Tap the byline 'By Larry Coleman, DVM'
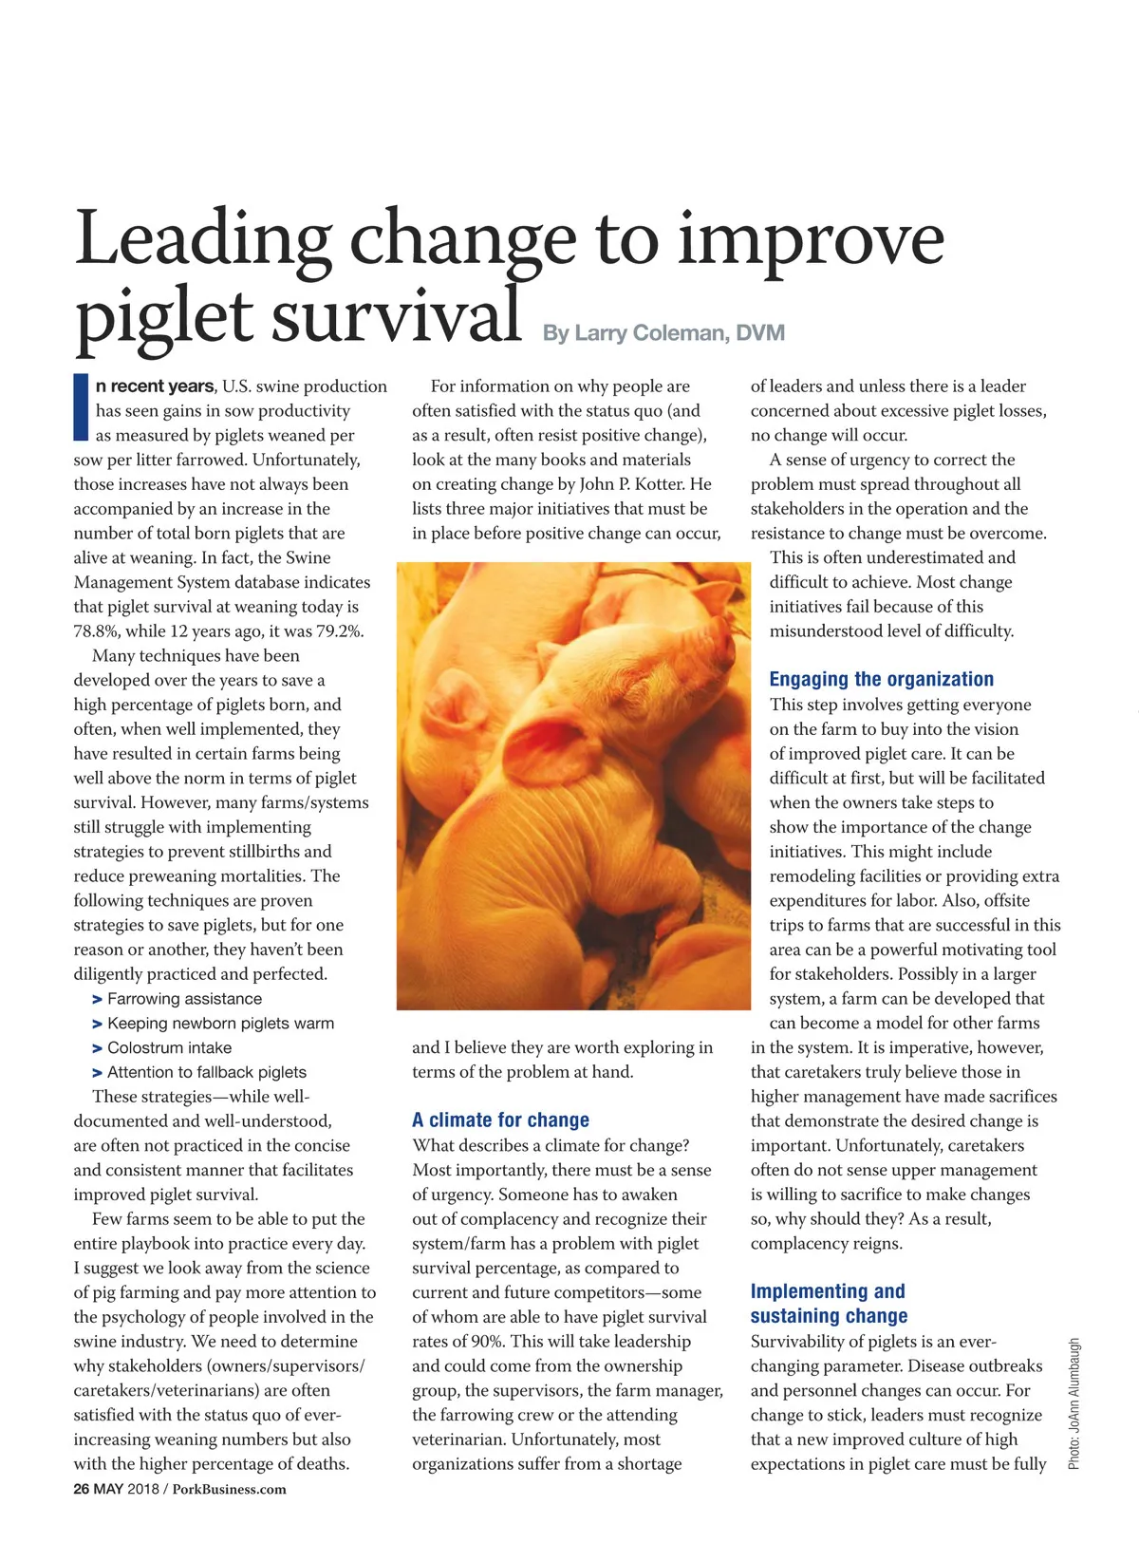663,333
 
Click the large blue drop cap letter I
81,408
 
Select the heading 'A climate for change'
500,1120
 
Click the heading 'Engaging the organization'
881,679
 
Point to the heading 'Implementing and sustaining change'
828,1304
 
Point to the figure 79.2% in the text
337,631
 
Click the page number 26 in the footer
82,1489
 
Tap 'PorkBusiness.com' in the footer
229,1489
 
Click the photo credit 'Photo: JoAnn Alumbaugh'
1074,1403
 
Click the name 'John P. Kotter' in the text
632,484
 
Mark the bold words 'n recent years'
155,386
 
